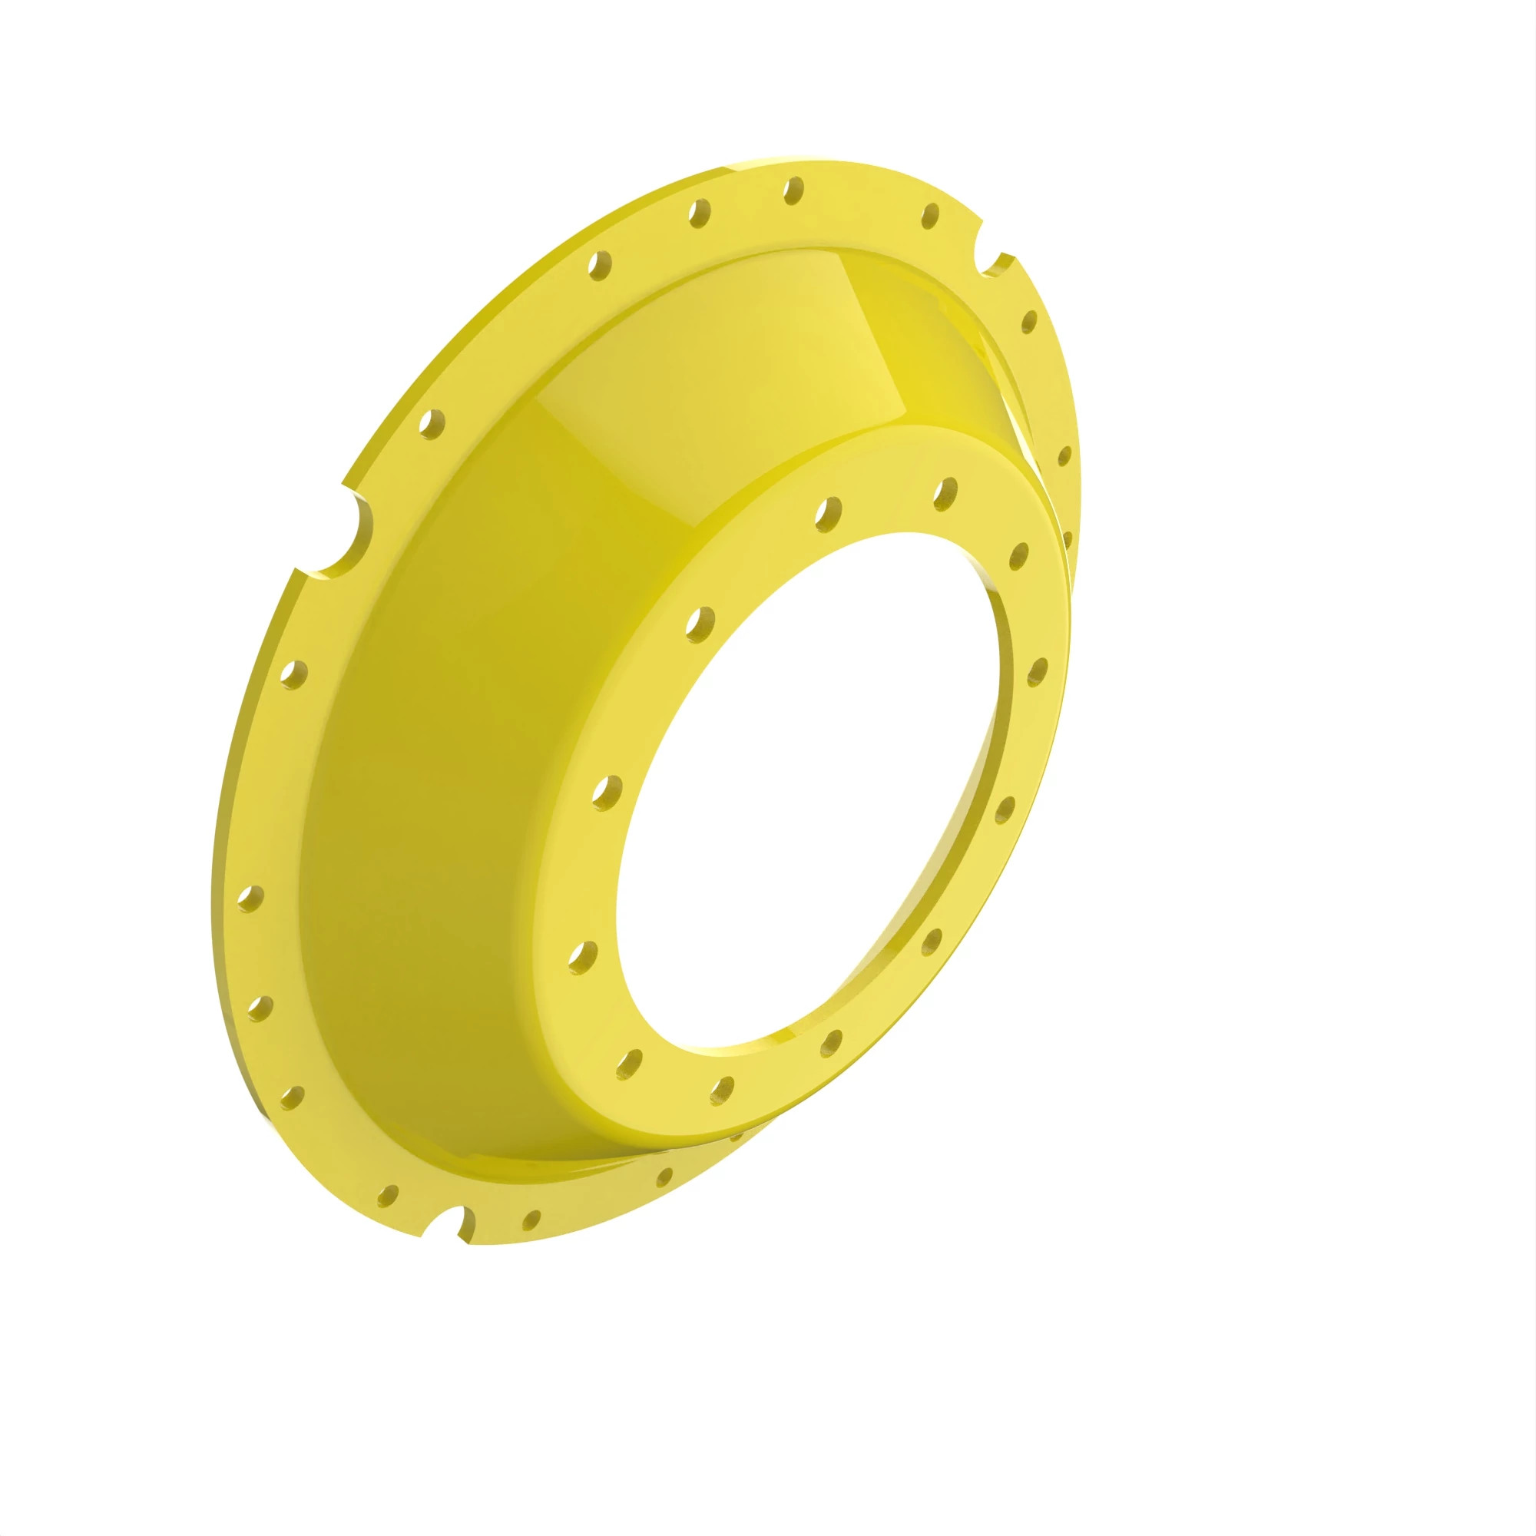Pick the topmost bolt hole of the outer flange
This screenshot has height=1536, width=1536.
[793, 190]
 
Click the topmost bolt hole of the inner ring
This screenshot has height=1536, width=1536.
[945, 492]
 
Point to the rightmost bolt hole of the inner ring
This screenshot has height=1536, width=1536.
[1037, 670]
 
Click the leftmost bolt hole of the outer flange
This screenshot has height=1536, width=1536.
[250, 899]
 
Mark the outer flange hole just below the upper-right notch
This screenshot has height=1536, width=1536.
[1029, 321]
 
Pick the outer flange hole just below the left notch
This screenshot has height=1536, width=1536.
[294, 675]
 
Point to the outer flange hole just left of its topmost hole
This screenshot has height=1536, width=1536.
[699, 212]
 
